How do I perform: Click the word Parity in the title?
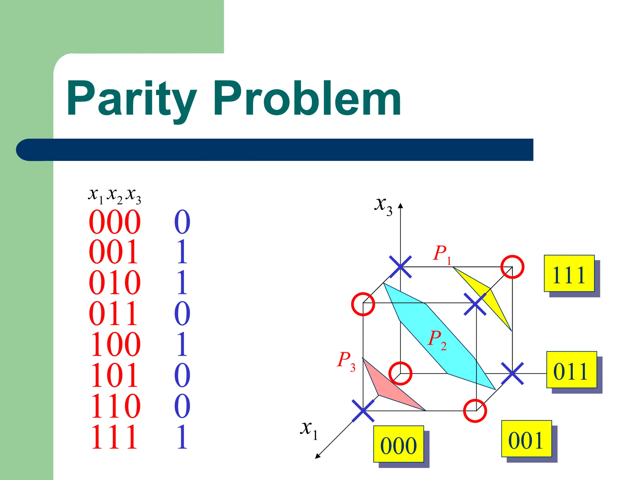131,98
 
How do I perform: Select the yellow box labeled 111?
569,273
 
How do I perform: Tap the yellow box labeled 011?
571,370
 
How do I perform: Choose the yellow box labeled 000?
398,444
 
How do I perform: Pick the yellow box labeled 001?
526,439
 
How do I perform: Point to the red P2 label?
437,340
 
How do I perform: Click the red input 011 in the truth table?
113,313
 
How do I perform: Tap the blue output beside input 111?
182,437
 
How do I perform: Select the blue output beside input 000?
182,222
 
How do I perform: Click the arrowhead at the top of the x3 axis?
401,205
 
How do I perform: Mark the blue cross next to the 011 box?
512,373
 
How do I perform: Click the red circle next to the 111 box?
512,267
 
